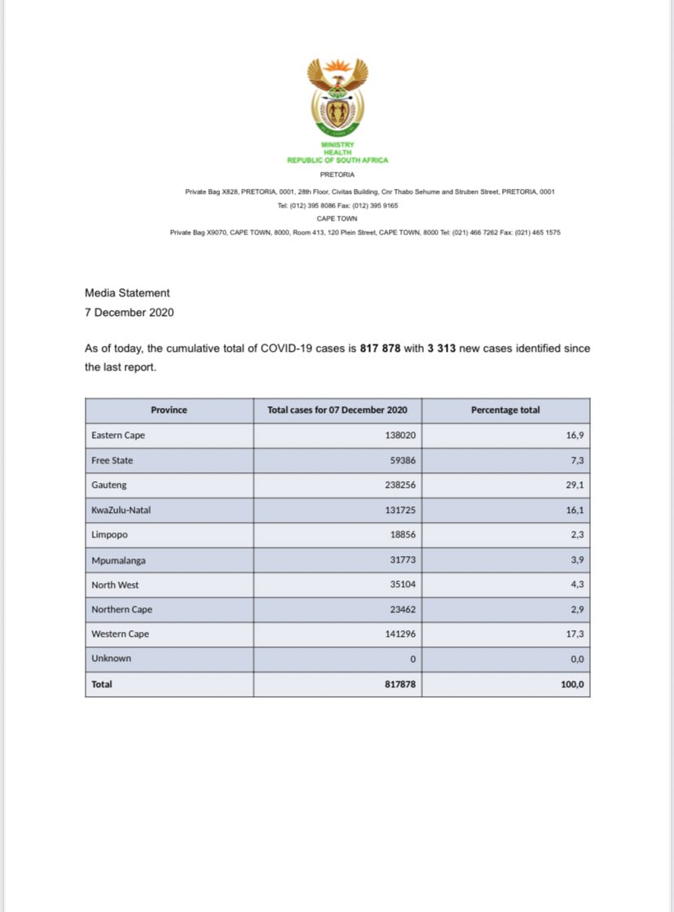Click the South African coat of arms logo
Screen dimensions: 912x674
click(337, 99)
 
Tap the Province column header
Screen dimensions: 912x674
click(169, 410)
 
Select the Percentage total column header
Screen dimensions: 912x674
click(505, 410)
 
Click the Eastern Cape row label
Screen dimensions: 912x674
click(118, 436)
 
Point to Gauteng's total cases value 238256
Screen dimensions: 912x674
click(400, 485)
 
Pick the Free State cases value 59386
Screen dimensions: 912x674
click(403, 460)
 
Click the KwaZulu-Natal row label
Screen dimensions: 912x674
click(121, 510)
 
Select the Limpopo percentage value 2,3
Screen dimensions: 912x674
click(575, 534)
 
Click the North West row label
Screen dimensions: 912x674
click(116, 584)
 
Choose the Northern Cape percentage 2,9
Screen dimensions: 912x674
click(575, 609)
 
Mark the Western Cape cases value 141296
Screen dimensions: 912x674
click(400, 634)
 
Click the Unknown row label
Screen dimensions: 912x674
click(112, 658)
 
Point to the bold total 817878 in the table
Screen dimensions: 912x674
click(400, 684)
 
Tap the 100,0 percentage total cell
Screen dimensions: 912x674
click(572, 684)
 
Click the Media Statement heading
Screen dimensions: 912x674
click(127, 293)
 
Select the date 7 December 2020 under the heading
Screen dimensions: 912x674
click(129, 312)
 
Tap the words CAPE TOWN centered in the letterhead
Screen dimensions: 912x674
click(337, 218)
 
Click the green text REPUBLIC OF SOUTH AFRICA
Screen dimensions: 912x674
click(337, 160)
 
